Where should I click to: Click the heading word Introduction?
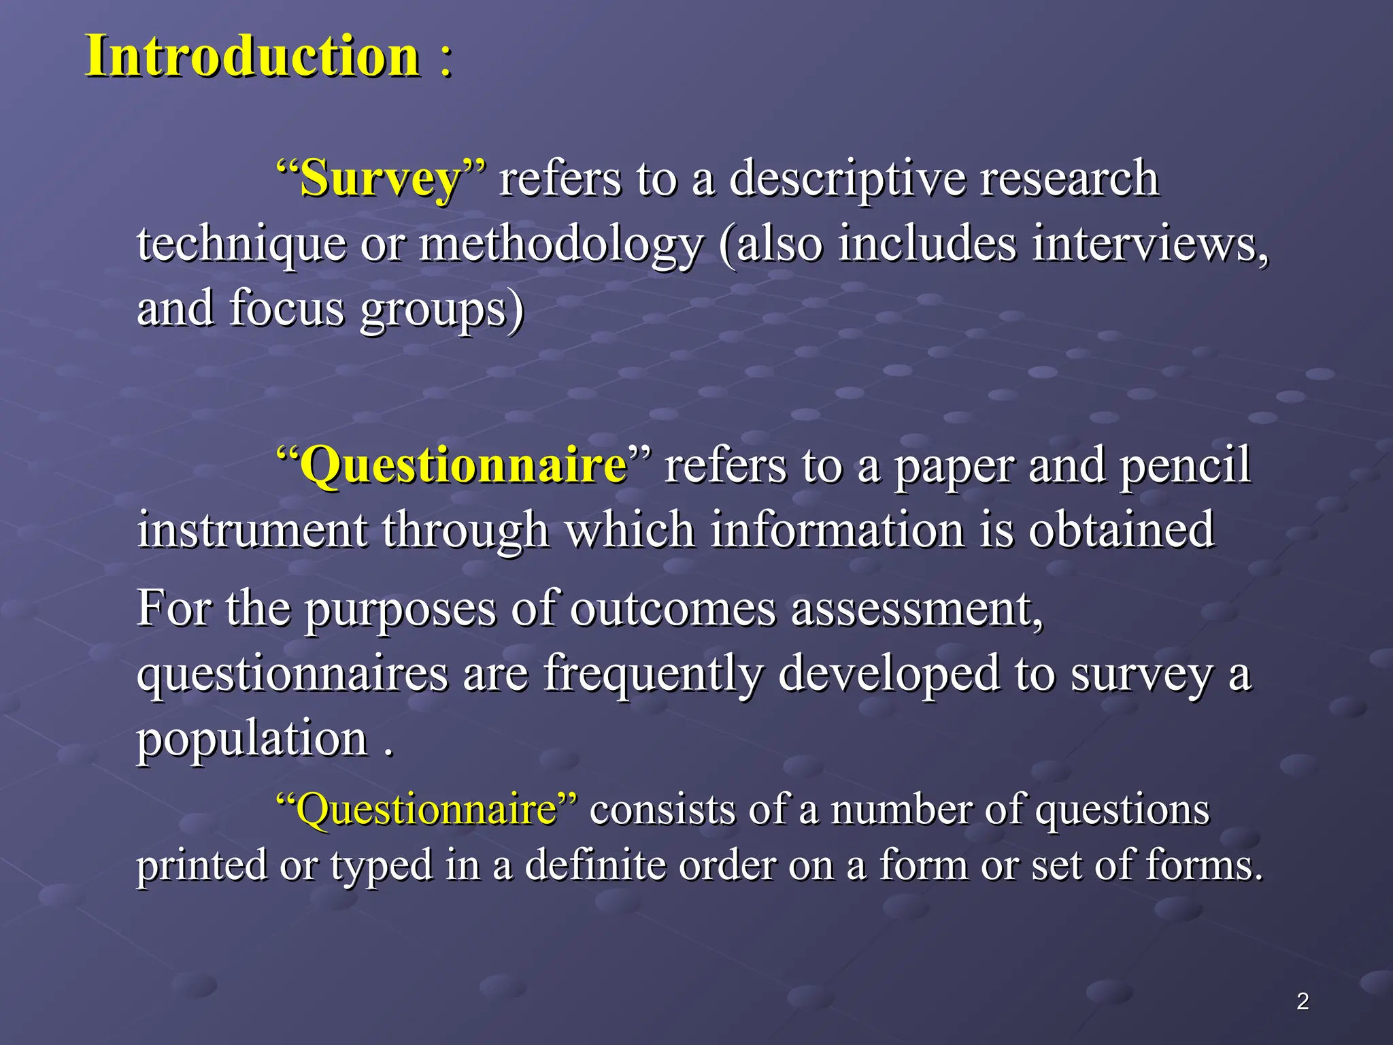point(252,56)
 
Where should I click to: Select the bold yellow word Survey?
point(380,179)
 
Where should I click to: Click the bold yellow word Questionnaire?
point(463,465)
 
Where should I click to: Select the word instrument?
point(252,530)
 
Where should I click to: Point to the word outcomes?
point(673,608)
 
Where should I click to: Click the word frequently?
point(653,674)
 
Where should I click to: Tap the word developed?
point(888,674)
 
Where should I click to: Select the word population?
point(252,740)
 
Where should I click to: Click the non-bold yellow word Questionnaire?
point(426,810)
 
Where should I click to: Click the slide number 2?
point(1303,1001)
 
